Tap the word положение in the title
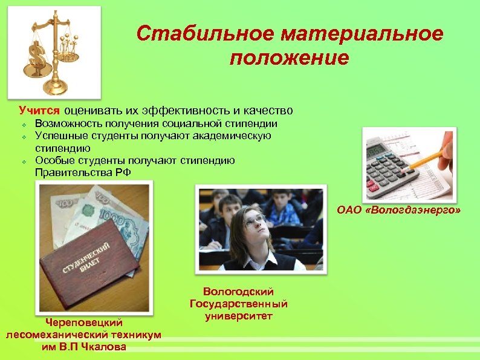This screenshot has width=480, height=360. coord(289,58)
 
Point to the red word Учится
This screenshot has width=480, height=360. coord(39,111)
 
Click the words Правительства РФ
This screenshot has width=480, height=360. coord(82,172)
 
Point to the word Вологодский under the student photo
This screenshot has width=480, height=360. coord(239,292)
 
